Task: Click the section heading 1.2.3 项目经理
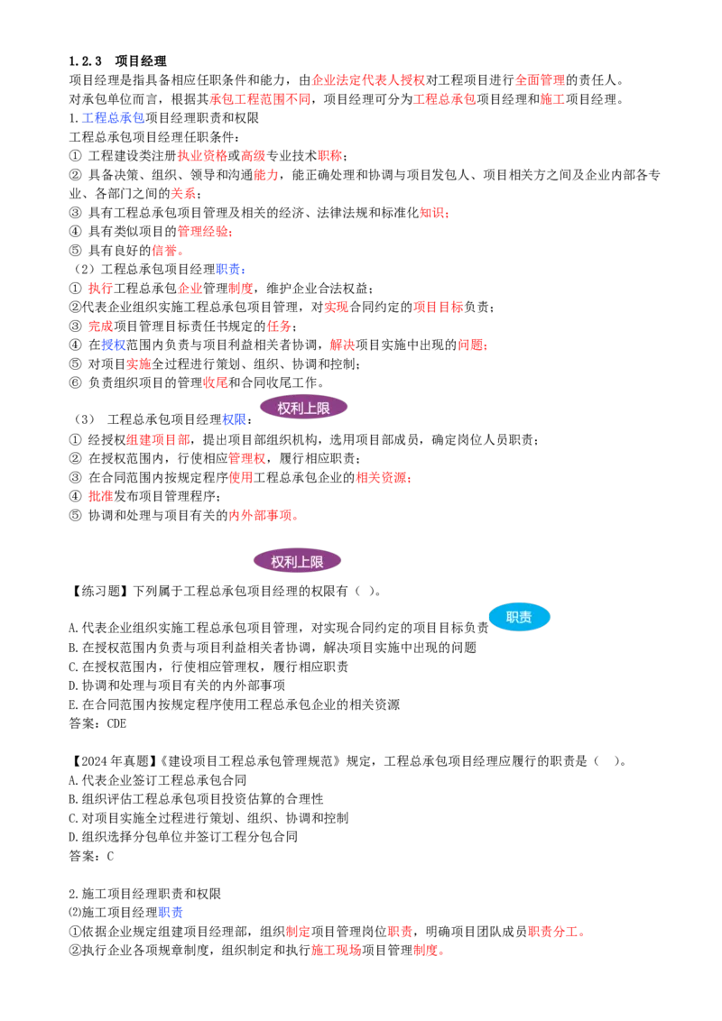click(x=118, y=61)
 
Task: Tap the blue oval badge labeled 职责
click(x=519, y=617)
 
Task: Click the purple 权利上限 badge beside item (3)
click(x=303, y=409)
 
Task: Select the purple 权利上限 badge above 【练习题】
click(x=297, y=561)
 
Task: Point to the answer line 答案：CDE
click(x=97, y=723)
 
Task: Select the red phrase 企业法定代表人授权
click(x=368, y=80)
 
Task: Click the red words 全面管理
click(x=541, y=80)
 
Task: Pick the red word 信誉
click(x=164, y=251)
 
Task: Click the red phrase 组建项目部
click(x=158, y=440)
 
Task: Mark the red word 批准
click(x=101, y=496)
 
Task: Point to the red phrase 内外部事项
click(x=260, y=516)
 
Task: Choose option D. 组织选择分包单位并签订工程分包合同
click(x=183, y=837)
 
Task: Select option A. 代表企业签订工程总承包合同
click(x=158, y=780)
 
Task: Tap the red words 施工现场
click(x=337, y=951)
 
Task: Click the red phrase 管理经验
click(x=203, y=232)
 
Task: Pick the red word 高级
click(x=254, y=156)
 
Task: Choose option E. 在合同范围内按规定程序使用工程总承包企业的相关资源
click(x=235, y=704)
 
